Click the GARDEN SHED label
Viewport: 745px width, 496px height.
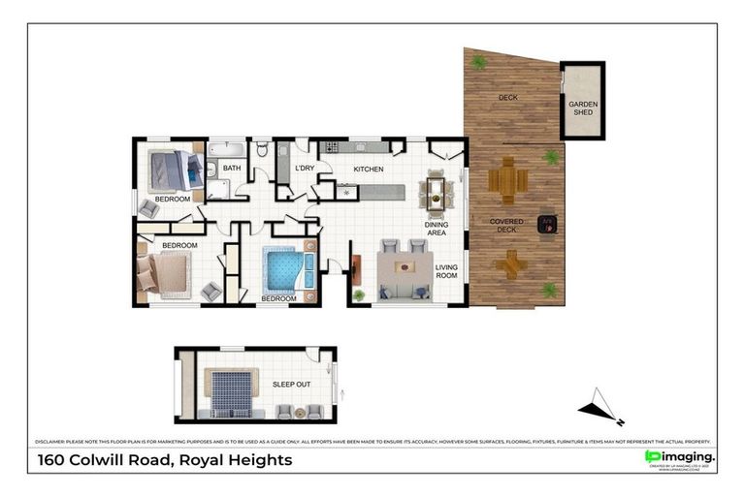coord(582,108)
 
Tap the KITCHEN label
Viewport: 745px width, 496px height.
coord(369,170)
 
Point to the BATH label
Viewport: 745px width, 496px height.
coord(232,169)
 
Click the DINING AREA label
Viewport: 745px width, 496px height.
coord(437,229)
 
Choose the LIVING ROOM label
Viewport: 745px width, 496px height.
coord(446,270)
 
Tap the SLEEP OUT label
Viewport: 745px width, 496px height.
coord(291,385)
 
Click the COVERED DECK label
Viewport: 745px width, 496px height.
coord(506,226)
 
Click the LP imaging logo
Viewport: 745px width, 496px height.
coord(680,457)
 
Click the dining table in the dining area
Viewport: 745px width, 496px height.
coord(435,191)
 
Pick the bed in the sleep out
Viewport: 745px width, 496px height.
coord(230,393)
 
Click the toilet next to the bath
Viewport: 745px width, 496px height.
coord(262,150)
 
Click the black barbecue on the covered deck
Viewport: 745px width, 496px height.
coord(547,224)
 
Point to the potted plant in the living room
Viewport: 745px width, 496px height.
coord(358,294)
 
